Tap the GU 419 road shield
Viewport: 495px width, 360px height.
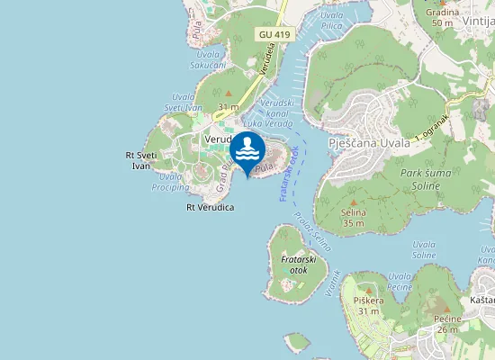coord(274,34)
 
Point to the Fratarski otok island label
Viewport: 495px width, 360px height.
coord(295,265)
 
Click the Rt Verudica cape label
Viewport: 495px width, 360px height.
coord(210,207)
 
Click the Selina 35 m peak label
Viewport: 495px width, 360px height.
coord(354,217)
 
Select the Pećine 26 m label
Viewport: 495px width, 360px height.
coord(448,324)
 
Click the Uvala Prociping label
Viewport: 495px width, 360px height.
coord(169,181)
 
